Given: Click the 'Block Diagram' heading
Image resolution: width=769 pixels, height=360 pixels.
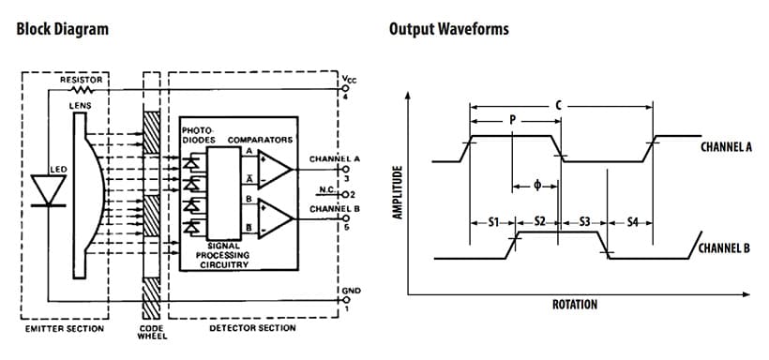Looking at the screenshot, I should coord(63,28).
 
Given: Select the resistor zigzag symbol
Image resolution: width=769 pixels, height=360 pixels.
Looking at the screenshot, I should coord(85,91).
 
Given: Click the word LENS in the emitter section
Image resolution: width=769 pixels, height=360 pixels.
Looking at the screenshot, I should coord(82,105).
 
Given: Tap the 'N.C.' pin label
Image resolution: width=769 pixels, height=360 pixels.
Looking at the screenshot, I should coord(327,188).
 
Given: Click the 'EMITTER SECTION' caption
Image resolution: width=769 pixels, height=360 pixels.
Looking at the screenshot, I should coord(64,328).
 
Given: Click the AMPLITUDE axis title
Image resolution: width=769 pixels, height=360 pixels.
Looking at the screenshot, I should coord(398,192).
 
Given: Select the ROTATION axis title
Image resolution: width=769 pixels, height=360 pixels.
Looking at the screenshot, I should coord(574,305).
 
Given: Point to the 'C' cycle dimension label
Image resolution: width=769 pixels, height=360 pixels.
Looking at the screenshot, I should coord(559,105).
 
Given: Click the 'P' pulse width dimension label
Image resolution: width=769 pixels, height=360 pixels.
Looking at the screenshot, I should coord(511,120).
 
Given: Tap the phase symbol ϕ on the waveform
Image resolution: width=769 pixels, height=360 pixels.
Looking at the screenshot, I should coord(535,185).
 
